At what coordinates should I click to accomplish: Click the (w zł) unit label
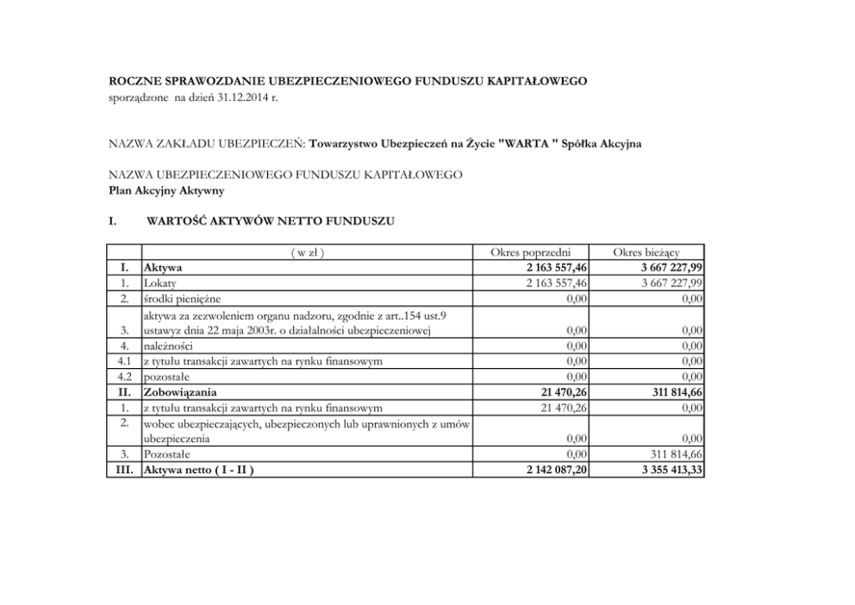pyautogui.click(x=307, y=253)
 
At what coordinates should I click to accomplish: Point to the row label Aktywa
pyautogui.click(x=163, y=268)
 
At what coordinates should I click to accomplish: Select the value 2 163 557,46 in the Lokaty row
pyautogui.click(x=551, y=283)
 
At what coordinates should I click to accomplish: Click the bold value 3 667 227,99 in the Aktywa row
pyautogui.click(x=665, y=268)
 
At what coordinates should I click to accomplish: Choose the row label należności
pyautogui.click(x=170, y=346)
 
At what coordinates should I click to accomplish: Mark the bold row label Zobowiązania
pyautogui.click(x=180, y=391)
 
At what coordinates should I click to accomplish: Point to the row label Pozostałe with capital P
pyautogui.click(x=167, y=453)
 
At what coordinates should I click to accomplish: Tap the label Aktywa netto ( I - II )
pyautogui.click(x=200, y=469)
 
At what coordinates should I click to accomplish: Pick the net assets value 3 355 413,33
pyautogui.click(x=665, y=469)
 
